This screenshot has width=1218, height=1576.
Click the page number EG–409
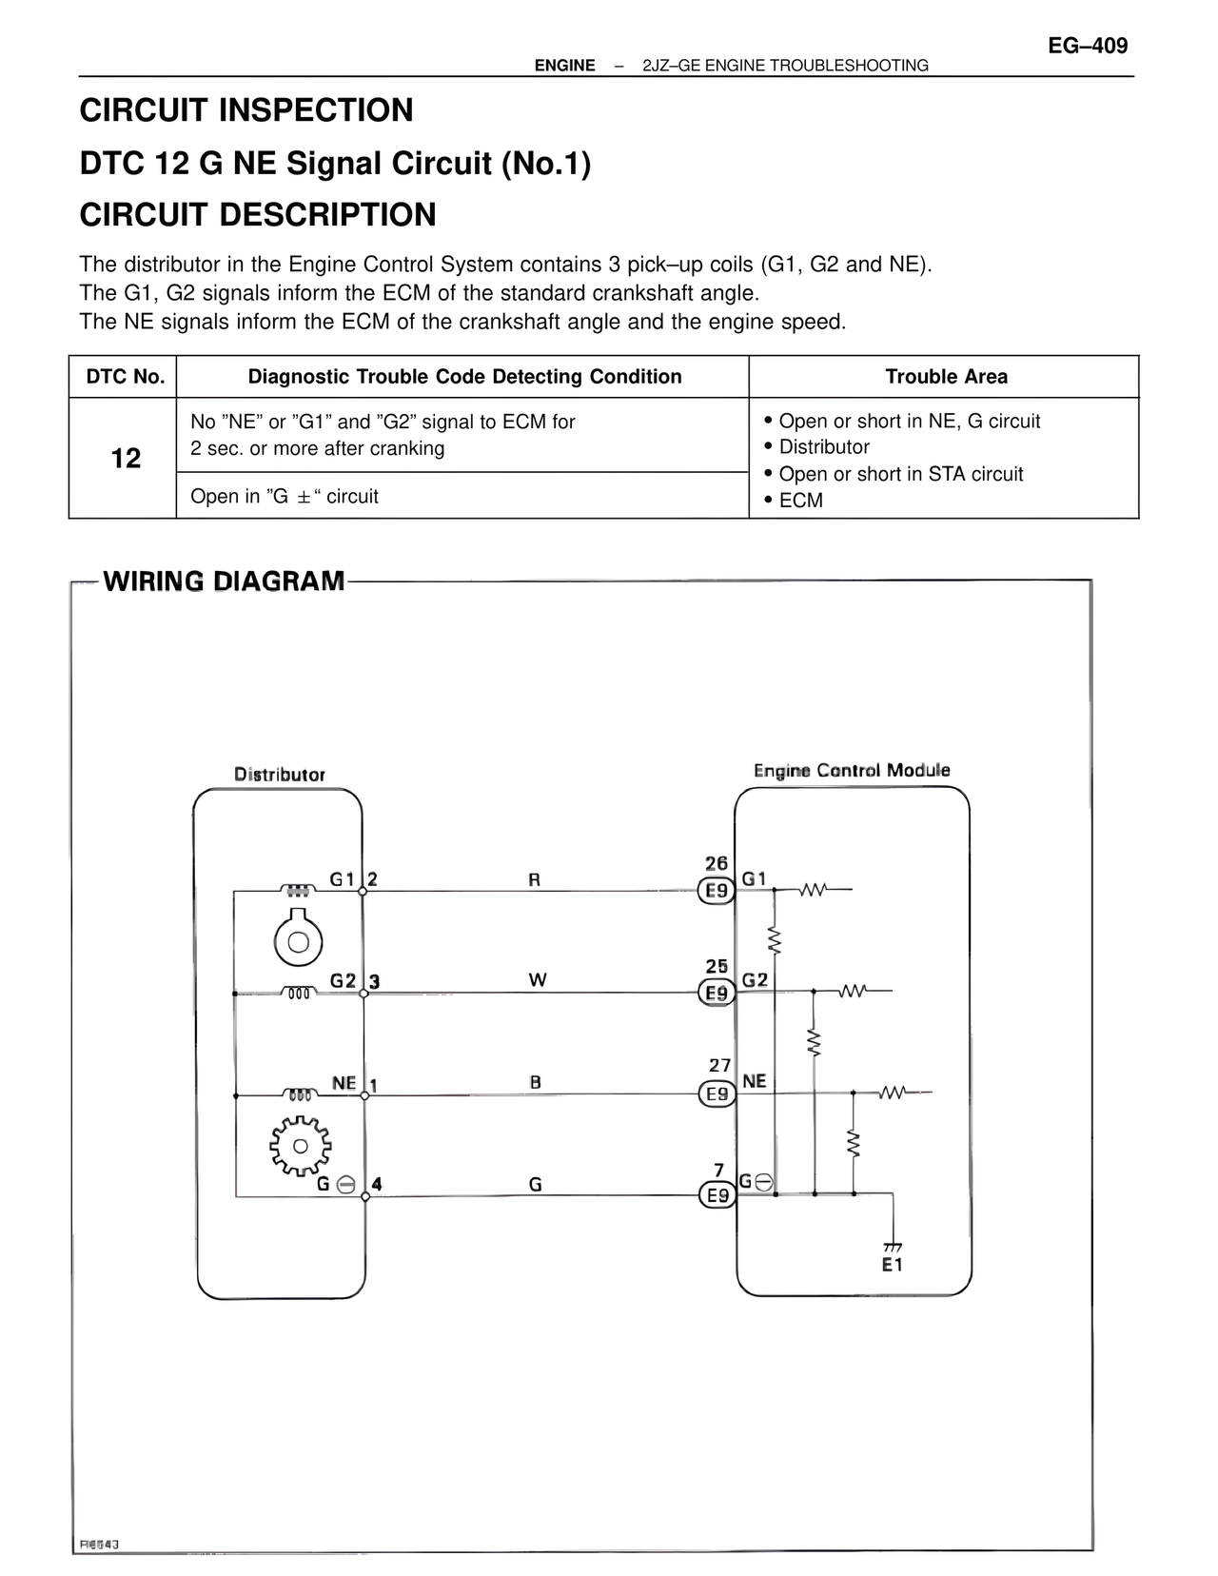pyautogui.click(x=1088, y=46)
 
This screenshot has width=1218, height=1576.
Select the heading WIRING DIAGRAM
pyautogui.click(x=224, y=581)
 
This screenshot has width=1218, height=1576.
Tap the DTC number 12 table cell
pyautogui.click(x=126, y=459)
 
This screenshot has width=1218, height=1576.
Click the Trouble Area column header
pyautogui.click(x=946, y=377)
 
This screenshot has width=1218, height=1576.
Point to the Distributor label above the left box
pyautogui.click(x=280, y=775)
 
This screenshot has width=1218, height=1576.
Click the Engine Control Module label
pyautogui.click(x=852, y=770)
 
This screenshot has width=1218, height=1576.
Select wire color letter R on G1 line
pyautogui.click(x=535, y=880)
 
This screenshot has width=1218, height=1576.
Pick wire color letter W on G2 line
pyautogui.click(x=537, y=980)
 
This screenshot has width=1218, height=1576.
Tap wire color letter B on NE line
pyautogui.click(x=536, y=1082)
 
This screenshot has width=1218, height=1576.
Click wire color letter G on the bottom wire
pyautogui.click(x=536, y=1185)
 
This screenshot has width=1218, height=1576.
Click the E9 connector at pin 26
pyautogui.click(x=717, y=892)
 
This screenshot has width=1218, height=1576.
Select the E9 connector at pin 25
pyautogui.click(x=717, y=994)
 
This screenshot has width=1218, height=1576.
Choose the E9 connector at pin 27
pyautogui.click(x=717, y=1094)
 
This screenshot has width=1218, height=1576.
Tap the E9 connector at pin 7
pyautogui.click(x=717, y=1195)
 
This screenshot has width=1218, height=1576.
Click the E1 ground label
pyautogui.click(x=892, y=1265)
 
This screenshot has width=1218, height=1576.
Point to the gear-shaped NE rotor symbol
pyautogui.click(x=300, y=1145)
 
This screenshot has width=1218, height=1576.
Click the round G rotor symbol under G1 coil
pyautogui.click(x=299, y=941)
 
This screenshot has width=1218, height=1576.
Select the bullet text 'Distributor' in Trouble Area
pyautogui.click(x=824, y=447)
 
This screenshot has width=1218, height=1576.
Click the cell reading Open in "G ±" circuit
pyautogui.click(x=285, y=497)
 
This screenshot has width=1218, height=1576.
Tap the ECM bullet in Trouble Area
pyautogui.click(x=800, y=501)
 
